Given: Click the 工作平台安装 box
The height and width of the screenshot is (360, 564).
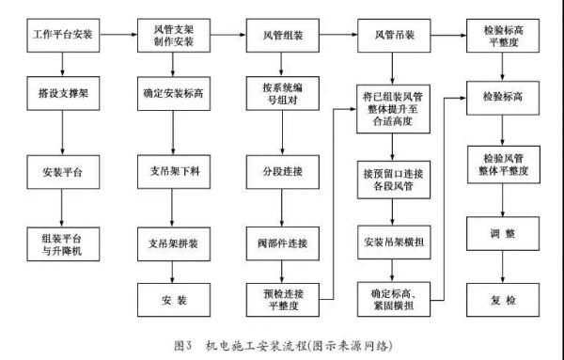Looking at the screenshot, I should (x=62, y=35).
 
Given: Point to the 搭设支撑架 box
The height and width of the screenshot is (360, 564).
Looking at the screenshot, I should (x=62, y=96).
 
